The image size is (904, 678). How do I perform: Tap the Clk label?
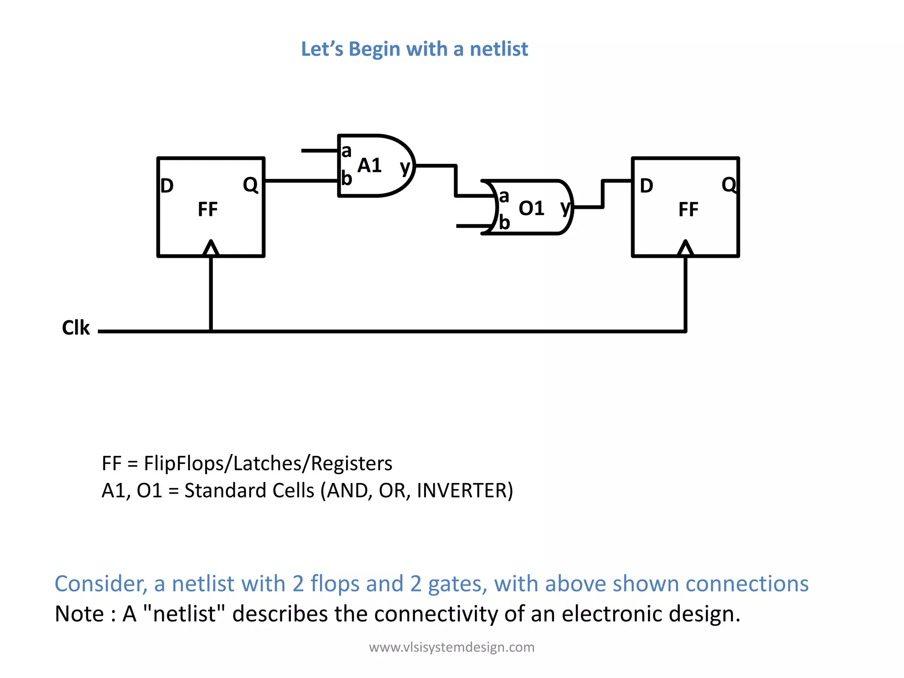pyautogui.click(x=76, y=328)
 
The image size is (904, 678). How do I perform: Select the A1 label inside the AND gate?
pyautogui.click(x=369, y=166)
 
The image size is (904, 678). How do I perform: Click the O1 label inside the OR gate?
pyautogui.click(x=531, y=208)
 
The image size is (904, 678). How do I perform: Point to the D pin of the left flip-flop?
pyautogui.click(x=167, y=186)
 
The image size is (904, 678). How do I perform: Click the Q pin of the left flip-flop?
pyautogui.click(x=250, y=185)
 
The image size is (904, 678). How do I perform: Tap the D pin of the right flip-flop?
pyautogui.click(x=646, y=186)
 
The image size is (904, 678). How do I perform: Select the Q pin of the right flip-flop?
pyautogui.click(x=729, y=185)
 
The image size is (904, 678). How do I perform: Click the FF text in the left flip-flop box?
pyautogui.click(x=207, y=209)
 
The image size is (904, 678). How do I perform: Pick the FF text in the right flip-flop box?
pyautogui.click(x=688, y=209)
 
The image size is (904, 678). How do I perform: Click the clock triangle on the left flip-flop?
pyautogui.click(x=211, y=249)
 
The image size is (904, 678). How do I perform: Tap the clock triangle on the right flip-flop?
pyautogui.click(x=685, y=249)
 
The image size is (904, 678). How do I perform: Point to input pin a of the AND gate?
pyautogui.click(x=347, y=151)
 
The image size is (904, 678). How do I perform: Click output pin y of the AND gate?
pyautogui.click(x=405, y=167)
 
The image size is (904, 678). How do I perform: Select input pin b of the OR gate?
pyautogui.click(x=504, y=222)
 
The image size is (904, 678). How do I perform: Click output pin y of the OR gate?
pyautogui.click(x=565, y=207)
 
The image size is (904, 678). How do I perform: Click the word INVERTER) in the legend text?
pyautogui.click(x=465, y=490)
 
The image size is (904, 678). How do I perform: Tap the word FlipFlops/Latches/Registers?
pyautogui.click(x=268, y=463)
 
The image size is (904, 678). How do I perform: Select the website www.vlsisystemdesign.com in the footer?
pyautogui.click(x=452, y=647)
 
